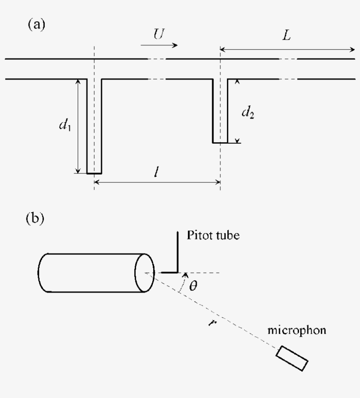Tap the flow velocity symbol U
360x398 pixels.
click(159, 34)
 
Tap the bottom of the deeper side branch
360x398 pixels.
click(94, 173)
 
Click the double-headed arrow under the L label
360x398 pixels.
click(287, 50)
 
